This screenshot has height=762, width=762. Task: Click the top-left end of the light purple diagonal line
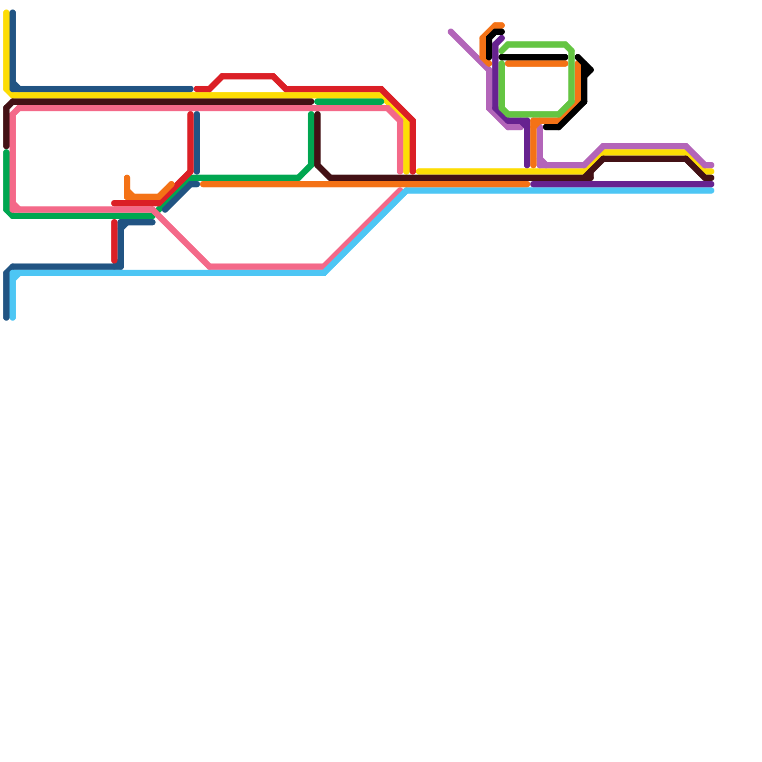pos(451,32)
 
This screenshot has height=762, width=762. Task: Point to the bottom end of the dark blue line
pos(6,318)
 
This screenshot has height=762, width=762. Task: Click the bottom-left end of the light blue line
pos(13,318)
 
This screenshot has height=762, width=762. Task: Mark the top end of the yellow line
pos(6,13)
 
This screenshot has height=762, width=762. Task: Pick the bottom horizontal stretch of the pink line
pos(267,267)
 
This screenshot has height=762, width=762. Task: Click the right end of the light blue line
pos(712,191)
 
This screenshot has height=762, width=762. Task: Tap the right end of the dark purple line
pos(712,184)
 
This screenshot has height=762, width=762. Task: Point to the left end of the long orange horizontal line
pos(203,184)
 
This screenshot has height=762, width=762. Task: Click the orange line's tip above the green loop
pos(501,25)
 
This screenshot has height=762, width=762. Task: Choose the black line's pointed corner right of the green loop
pos(591,70)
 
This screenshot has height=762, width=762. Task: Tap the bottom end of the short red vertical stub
pos(114,260)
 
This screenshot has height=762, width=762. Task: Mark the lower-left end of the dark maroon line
pos(6,146)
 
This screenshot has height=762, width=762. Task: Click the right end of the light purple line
pos(712,165)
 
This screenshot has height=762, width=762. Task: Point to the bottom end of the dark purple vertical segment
pos(527,165)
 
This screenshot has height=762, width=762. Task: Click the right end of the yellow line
pos(712,171)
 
